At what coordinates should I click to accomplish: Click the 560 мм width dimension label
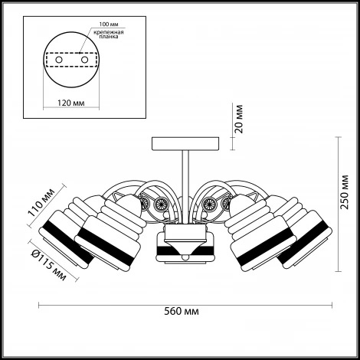182,312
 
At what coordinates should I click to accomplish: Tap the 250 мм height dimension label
345,192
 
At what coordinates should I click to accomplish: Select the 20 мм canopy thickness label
239,119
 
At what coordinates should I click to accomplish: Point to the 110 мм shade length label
41,202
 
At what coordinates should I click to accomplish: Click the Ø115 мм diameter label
48,266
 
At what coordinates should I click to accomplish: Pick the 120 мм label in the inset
70,103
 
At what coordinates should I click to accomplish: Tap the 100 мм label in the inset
109,25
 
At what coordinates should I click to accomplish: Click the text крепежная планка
109,34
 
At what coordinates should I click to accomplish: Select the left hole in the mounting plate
59,60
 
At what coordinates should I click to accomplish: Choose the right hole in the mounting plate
84,60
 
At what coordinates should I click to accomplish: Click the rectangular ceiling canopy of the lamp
185,144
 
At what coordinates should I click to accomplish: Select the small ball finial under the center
185,257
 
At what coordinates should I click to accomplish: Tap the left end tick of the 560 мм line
38,305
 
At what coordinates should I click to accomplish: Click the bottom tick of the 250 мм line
338,272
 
